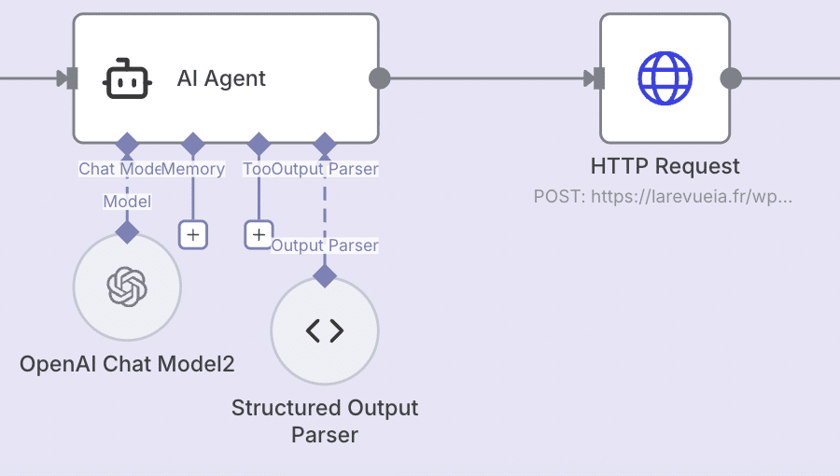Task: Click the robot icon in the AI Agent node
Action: pos(127,78)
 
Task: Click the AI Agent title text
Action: pos(221,78)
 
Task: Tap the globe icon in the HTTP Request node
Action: pos(665,78)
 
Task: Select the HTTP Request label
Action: pos(665,167)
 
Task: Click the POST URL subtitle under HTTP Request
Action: pos(663,197)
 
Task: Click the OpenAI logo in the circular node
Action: pos(127,287)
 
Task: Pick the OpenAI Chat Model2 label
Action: pos(127,364)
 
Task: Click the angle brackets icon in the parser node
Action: pos(325,330)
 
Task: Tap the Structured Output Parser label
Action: pos(325,421)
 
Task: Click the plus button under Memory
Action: pos(192,234)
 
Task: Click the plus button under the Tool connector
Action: pos(259,234)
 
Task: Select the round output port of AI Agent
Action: pos(380,78)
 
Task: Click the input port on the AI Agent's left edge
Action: pos(67,78)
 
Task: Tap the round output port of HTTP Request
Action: pos(732,78)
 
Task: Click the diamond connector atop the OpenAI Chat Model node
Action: pos(127,231)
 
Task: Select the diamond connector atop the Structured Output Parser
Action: pos(325,275)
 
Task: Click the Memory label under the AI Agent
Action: pos(194,169)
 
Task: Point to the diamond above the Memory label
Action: pos(192,145)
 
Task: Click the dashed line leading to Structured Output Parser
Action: pos(325,210)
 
